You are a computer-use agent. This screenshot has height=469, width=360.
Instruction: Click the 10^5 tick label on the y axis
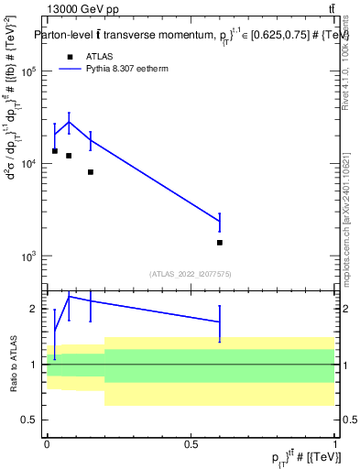[x=27, y=71]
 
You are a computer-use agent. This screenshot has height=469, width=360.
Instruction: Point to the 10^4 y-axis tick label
[x=27, y=164]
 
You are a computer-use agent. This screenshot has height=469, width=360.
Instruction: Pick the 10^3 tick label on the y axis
[x=27, y=256]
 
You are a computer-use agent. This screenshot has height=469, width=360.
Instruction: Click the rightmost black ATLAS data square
[x=220, y=243]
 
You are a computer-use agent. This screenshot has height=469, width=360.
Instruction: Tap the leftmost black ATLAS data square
[x=55, y=151]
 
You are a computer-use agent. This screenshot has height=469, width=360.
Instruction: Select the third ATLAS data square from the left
[x=91, y=172]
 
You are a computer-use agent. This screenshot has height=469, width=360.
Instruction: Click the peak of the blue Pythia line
[x=69, y=122]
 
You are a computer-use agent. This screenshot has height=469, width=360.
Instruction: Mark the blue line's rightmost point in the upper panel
[x=220, y=221]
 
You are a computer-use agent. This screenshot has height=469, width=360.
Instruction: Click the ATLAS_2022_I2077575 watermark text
[x=190, y=273]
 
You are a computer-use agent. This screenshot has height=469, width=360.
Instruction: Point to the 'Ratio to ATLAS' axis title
[x=13, y=364]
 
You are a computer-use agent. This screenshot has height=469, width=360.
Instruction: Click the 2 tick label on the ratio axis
[x=34, y=309]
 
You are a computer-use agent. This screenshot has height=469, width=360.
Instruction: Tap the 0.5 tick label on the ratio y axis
[x=30, y=420]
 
